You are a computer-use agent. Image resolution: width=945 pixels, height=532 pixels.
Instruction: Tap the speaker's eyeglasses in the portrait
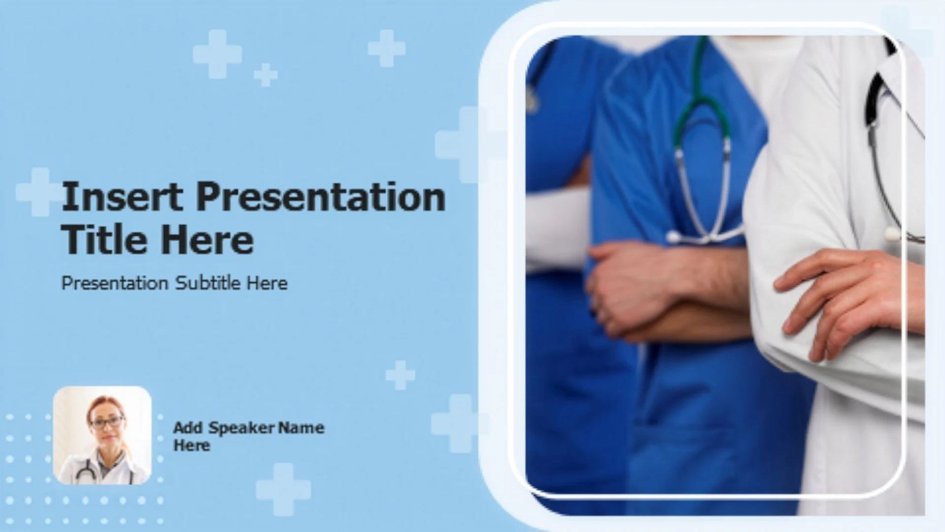(x=106, y=422)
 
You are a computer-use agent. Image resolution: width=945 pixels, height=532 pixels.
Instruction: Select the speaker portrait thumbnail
(x=102, y=435)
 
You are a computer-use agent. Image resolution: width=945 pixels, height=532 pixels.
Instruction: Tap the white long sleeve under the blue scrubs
(x=559, y=232)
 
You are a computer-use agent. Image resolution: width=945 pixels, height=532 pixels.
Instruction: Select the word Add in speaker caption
(x=188, y=428)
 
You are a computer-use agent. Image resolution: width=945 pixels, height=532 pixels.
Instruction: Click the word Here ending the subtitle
(x=267, y=283)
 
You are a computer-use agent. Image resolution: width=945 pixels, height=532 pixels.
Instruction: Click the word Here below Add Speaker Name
(x=191, y=445)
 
